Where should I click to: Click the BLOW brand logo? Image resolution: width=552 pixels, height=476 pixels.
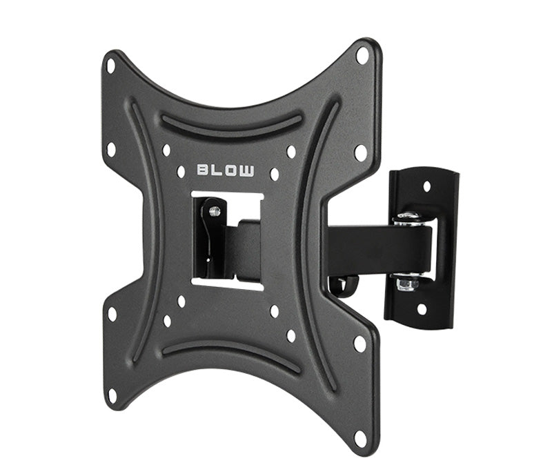(x=226, y=170)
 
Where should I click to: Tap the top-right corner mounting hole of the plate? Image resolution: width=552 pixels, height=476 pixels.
(x=362, y=55)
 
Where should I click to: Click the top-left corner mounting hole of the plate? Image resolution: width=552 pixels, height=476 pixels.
(x=111, y=66)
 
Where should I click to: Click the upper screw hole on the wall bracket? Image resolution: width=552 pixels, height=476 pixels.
(x=427, y=186)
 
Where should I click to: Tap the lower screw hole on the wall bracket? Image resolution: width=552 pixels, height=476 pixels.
(x=422, y=309)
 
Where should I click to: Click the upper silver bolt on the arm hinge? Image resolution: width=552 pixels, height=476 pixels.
(x=408, y=218)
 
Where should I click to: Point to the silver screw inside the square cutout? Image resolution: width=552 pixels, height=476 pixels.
(x=215, y=211)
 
